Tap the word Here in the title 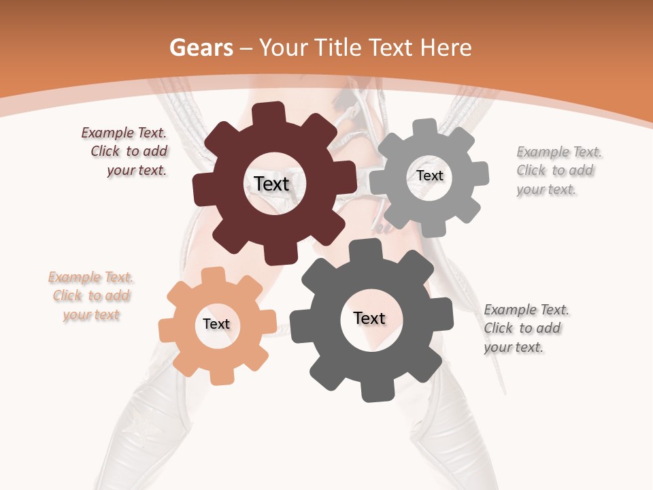click(x=448, y=48)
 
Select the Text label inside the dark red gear click(x=271, y=184)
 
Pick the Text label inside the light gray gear click(x=429, y=176)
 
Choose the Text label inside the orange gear click(x=216, y=324)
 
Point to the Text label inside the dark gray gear click(x=369, y=318)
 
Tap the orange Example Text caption click(x=91, y=296)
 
